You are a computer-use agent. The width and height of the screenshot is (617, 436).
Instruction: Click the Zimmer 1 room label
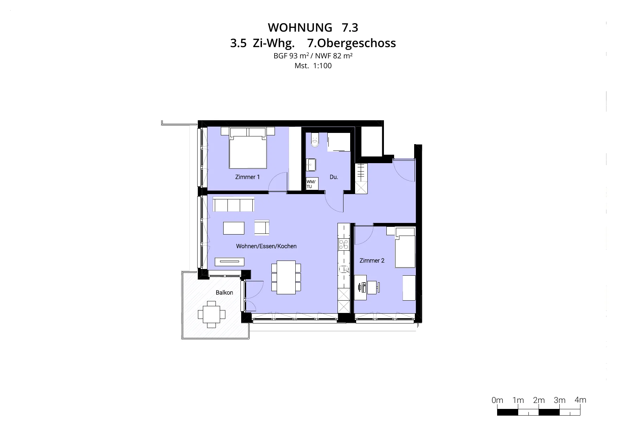[x=248, y=177]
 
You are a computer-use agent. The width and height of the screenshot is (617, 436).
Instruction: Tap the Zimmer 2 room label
[x=372, y=261]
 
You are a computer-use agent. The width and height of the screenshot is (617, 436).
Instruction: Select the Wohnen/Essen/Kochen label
[x=266, y=246]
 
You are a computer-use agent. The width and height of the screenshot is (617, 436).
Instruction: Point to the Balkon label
[x=224, y=293]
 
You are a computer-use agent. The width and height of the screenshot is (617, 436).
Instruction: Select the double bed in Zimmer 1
[x=248, y=148]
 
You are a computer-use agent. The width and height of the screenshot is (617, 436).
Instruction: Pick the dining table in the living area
[x=286, y=277]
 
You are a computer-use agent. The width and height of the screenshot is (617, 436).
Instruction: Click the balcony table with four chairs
[x=211, y=314]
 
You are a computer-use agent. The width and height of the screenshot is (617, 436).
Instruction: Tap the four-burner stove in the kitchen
[x=343, y=244]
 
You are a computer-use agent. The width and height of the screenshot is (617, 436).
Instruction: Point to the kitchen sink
[x=343, y=270]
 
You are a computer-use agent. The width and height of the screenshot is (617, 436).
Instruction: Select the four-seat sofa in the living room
[x=233, y=204]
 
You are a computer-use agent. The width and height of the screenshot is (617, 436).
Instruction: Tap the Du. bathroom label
[x=334, y=177]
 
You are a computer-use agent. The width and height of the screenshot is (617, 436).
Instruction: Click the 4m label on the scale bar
[x=580, y=400]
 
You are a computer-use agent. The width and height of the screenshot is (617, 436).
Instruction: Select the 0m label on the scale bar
[x=497, y=400]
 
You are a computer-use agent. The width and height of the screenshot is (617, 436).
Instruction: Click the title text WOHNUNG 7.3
[x=313, y=27]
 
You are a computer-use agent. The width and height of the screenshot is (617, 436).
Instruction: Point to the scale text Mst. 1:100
[x=313, y=66]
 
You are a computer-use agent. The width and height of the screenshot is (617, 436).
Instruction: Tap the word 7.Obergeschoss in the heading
[x=352, y=43]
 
